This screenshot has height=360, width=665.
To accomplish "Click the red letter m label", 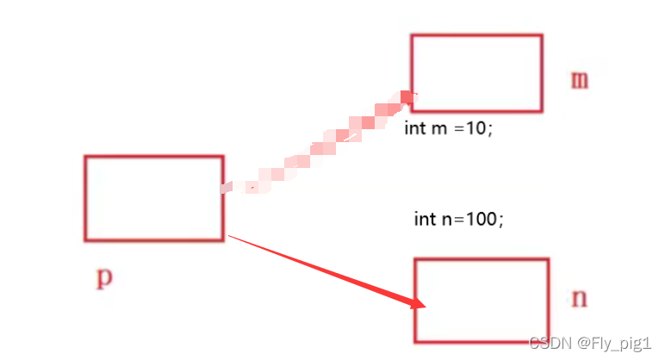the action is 580,80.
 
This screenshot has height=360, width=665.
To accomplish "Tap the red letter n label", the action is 580,298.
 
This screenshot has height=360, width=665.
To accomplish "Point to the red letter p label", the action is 103,277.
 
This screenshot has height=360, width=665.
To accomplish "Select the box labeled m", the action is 476,73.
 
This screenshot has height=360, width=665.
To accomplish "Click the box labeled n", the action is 482,300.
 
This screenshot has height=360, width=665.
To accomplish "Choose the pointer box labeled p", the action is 154,198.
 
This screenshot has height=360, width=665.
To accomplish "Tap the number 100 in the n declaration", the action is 482,219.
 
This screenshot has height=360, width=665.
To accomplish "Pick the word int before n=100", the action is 425,219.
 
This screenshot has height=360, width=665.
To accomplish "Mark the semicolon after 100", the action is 500,220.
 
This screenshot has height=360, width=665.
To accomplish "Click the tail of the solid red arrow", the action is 231,235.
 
